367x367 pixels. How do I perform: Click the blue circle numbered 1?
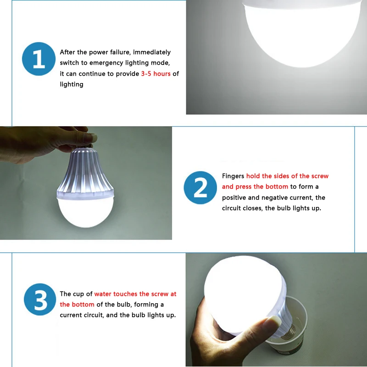(x=39, y=58)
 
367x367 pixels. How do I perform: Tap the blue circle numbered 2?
(x=200, y=188)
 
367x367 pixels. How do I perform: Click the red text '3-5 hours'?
(x=156, y=74)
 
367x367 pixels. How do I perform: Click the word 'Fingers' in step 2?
(x=233, y=176)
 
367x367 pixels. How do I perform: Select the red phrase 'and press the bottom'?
(x=255, y=187)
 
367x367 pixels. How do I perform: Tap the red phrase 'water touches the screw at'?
(x=135, y=294)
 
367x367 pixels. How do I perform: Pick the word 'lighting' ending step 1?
(x=72, y=84)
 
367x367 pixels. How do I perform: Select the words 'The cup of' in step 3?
(x=76, y=294)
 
